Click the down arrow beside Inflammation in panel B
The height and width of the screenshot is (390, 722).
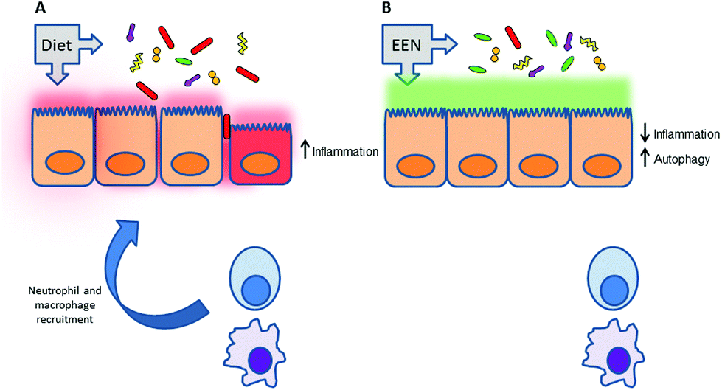645,133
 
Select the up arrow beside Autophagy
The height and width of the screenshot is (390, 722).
645,156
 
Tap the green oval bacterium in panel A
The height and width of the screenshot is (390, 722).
184,60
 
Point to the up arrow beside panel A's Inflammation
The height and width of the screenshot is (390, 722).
304,152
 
